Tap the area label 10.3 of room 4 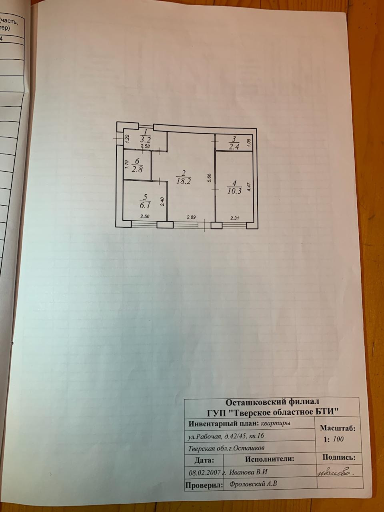(x=234, y=191)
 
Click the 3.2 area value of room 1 (x=145, y=140)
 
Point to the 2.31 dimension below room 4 (x=235, y=218)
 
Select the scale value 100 (x=338, y=439)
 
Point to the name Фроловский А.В (x=254, y=484)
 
